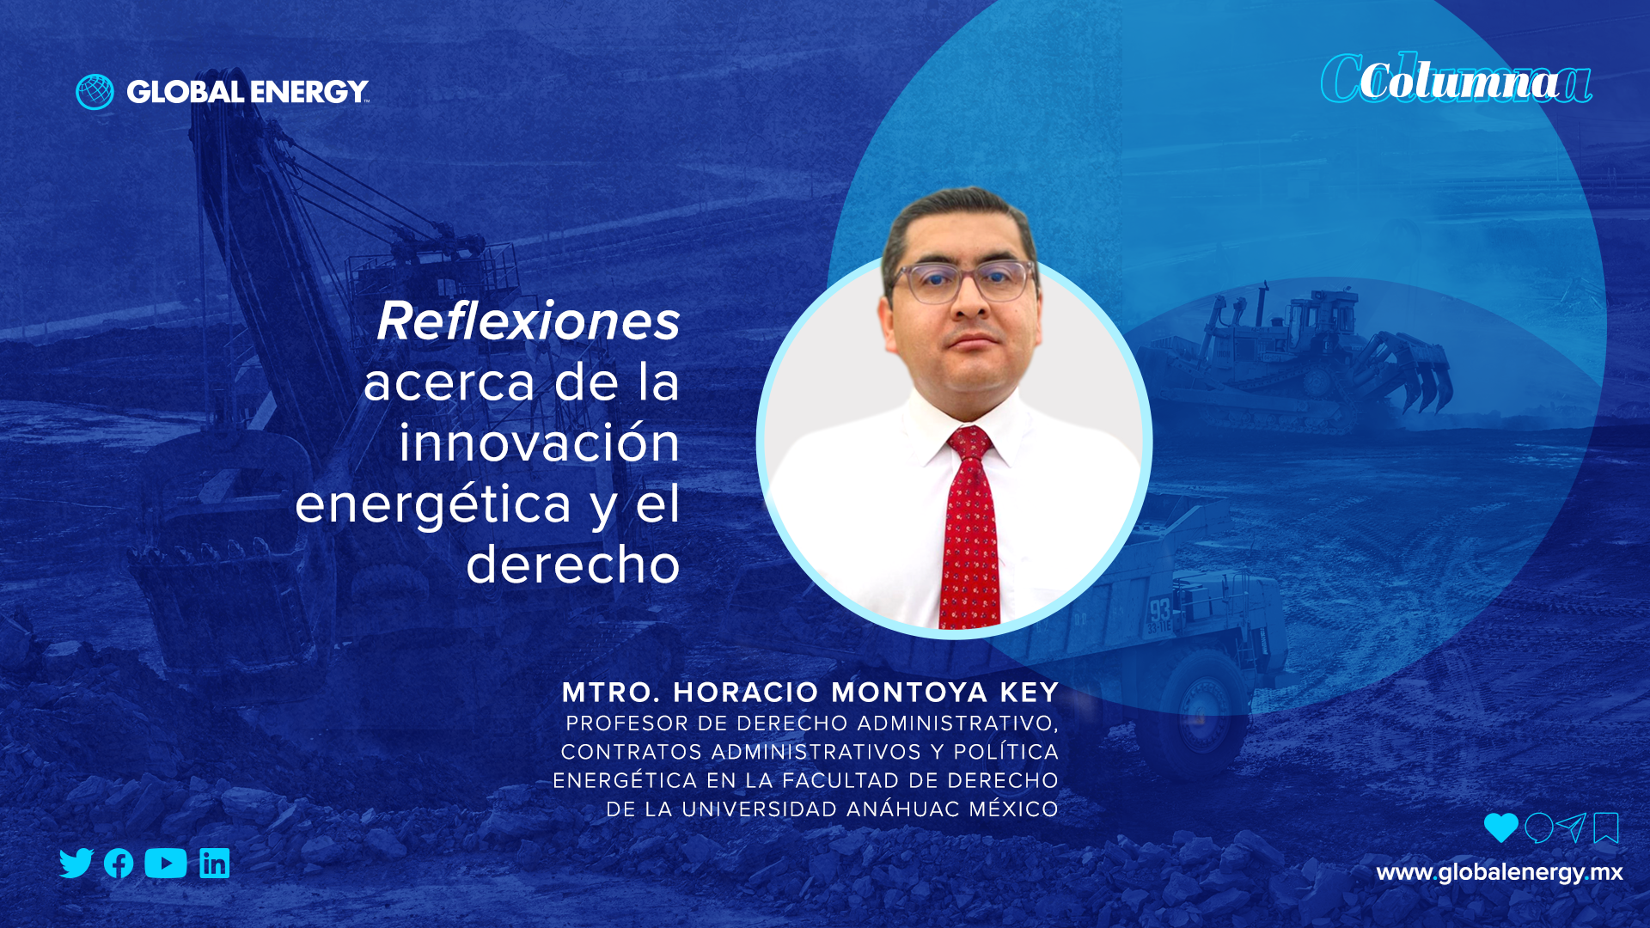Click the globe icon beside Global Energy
pos(95,92)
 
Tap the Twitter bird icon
pos(76,863)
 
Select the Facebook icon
pos(119,864)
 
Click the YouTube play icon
pos(166,863)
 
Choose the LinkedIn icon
pos(215,863)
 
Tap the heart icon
pos(1500,827)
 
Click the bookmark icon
pos(1606,828)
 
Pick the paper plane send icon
pos(1571,827)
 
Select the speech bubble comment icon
pos(1538,828)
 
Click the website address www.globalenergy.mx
pos(1500,873)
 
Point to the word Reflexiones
pos(529,321)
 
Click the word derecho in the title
pos(573,565)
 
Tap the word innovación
pos(540,443)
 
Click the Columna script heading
pos(1457,80)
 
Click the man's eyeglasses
pos(962,282)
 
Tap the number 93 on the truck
pos(1160,611)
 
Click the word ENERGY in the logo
pos(309,92)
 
